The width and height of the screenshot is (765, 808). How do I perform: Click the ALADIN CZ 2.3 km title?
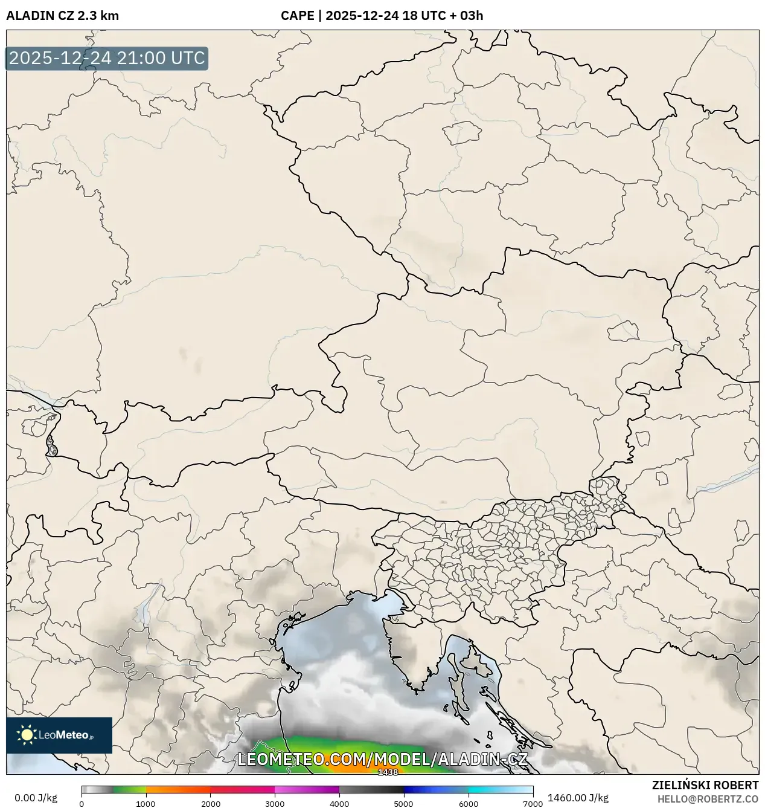tap(62, 16)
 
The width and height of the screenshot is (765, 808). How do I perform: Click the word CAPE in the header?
tap(297, 16)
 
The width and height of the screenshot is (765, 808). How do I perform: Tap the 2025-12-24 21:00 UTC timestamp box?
tap(107, 59)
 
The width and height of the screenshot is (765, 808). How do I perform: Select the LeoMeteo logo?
tap(59, 735)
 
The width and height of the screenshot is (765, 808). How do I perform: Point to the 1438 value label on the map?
tap(388, 772)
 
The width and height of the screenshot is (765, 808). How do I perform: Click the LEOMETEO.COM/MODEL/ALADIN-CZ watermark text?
tap(383, 759)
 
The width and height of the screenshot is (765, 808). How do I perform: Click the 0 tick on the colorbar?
tap(82, 803)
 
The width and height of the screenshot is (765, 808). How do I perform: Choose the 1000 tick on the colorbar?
tap(146, 803)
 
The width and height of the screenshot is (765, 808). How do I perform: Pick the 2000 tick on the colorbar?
tap(210, 803)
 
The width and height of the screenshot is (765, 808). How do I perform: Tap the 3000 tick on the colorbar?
tap(275, 803)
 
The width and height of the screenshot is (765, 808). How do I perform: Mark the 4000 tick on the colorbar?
tap(339, 803)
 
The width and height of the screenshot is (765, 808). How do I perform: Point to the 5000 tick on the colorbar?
tap(403, 803)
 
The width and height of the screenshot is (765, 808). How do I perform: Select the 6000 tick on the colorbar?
tap(468, 803)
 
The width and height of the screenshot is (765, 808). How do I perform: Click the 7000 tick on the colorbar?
tap(533, 803)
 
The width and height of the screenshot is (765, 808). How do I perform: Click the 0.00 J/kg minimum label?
tap(36, 798)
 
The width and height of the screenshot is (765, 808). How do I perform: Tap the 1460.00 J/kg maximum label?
tap(578, 798)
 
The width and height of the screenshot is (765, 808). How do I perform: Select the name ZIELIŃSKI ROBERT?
tap(705, 785)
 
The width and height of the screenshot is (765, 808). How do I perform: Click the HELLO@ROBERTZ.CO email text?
tap(708, 799)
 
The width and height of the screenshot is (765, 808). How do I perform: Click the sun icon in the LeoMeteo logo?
tap(27, 735)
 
